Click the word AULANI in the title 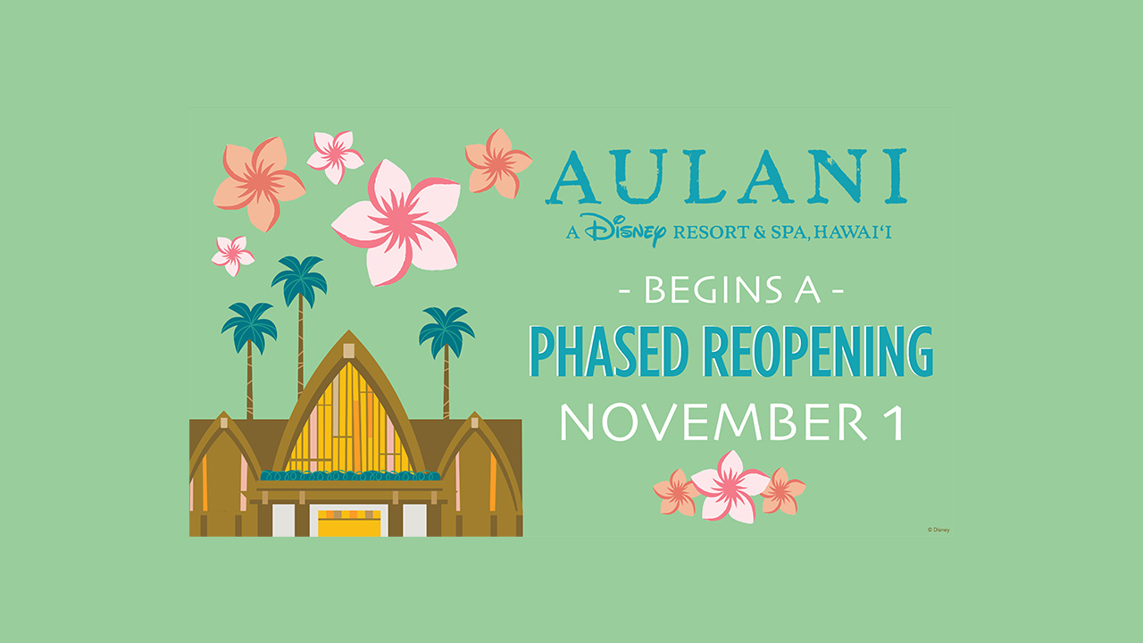click(726, 176)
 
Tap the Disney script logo click(625, 230)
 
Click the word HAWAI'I click(852, 232)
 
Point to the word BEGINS click(713, 290)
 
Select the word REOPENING click(821, 351)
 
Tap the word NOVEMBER click(713, 422)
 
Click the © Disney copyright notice click(939, 530)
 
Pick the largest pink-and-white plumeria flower click(396, 222)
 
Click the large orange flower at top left click(259, 183)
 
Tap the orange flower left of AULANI click(498, 163)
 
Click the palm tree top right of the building click(447, 330)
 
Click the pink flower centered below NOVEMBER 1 click(730, 487)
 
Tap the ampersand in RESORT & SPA click(760, 233)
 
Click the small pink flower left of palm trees click(233, 255)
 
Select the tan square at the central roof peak click(349, 351)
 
